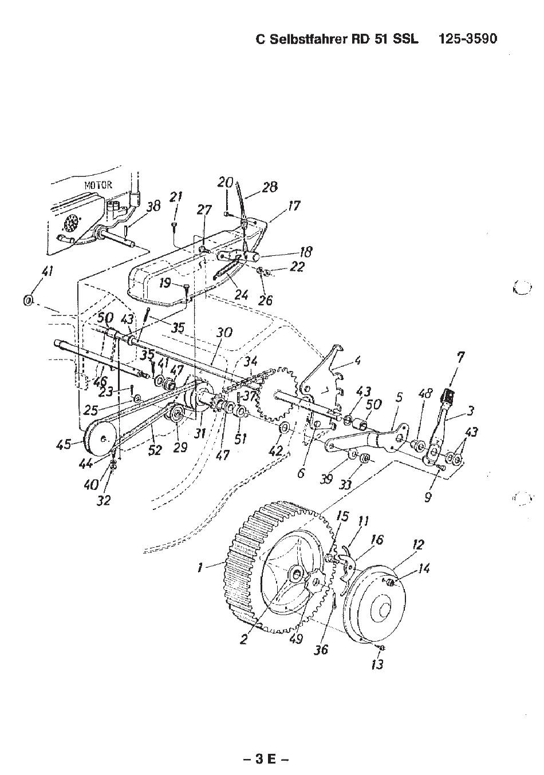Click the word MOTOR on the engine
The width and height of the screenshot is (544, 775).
pos(98,185)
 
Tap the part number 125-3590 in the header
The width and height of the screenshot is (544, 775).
pos(467,38)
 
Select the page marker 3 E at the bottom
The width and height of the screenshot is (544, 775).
pos(265,757)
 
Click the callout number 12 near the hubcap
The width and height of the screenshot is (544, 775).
pos(417,545)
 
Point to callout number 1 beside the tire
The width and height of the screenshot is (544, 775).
pos(200,568)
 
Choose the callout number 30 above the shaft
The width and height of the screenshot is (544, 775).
pos(224,333)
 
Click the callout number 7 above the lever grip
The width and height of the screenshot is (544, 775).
pos(460,357)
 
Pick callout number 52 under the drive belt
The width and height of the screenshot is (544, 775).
pos(155,450)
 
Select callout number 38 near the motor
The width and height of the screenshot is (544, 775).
pos(153,207)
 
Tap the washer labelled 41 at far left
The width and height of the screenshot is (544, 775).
pos(28,300)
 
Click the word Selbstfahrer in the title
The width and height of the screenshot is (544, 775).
pos(308,39)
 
